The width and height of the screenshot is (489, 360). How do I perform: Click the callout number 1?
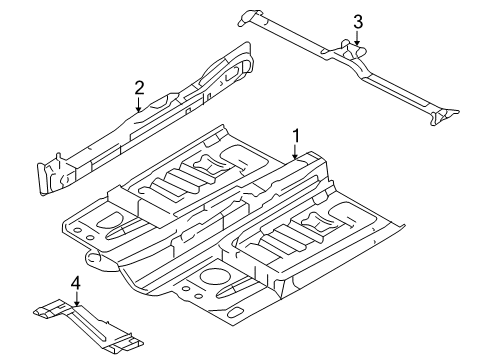point(296,136)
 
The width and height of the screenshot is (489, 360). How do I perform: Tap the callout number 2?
point(139,88)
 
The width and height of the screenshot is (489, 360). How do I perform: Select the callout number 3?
point(358,22)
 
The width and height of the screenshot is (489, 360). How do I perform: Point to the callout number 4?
point(76,284)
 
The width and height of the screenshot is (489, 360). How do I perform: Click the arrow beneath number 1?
point(295,151)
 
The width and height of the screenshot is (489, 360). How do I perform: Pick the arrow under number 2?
point(139,104)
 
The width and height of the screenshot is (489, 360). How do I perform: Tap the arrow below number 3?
point(357,38)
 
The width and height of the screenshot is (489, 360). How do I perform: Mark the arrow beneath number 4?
point(77,299)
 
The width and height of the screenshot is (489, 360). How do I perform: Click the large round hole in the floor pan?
point(212,276)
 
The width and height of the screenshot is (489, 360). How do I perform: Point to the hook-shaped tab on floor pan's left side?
point(94,258)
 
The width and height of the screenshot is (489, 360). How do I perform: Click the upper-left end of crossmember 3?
point(248,18)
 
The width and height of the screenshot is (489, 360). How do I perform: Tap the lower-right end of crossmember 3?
point(443,116)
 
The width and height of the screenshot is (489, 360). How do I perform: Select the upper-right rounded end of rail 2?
point(242,60)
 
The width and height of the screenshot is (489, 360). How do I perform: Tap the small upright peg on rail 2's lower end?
point(59,158)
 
